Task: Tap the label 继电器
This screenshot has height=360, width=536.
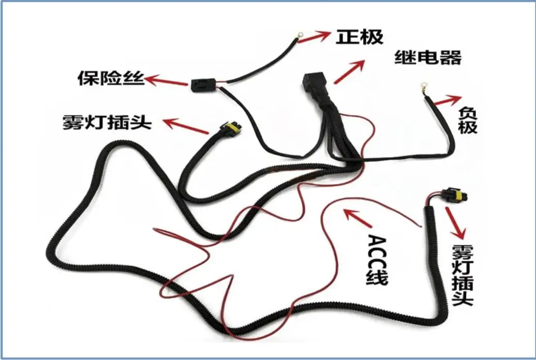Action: tap(428, 57)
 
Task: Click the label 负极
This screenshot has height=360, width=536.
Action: tap(467, 119)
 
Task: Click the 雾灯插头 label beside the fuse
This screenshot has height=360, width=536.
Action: tap(106, 122)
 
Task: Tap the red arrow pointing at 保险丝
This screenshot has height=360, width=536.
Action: tap(166, 81)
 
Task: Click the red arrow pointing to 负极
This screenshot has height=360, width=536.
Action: tap(446, 100)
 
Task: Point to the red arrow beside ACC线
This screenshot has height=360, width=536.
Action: tap(358, 217)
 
